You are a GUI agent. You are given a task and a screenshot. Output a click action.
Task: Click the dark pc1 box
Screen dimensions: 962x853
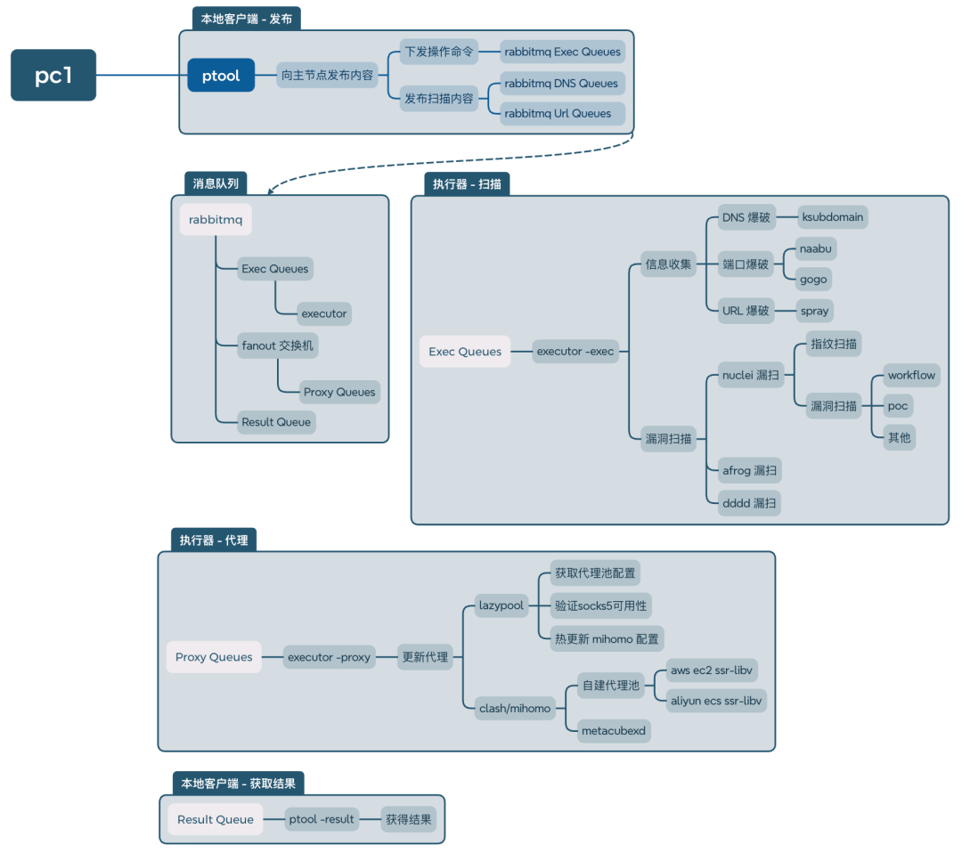click(53, 75)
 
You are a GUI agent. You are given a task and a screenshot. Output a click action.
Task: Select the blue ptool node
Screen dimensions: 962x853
click(221, 76)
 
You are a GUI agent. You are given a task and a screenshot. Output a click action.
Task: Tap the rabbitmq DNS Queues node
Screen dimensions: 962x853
click(562, 84)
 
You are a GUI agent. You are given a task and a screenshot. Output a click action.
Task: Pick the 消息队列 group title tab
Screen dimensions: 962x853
click(216, 183)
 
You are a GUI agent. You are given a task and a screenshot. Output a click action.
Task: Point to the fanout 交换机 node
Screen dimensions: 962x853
click(277, 345)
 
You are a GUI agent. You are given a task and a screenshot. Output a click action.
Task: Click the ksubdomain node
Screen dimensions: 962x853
click(833, 217)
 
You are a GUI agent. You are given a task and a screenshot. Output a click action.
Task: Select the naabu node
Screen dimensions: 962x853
click(815, 249)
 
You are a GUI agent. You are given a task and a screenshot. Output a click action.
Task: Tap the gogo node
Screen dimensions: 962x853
click(813, 280)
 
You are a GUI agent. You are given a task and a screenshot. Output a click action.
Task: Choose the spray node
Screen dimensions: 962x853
click(814, 311)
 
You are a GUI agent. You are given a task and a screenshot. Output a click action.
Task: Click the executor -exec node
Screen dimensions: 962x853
click(575, 352)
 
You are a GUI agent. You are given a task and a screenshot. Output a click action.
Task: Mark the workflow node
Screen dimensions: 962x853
click(912, 375)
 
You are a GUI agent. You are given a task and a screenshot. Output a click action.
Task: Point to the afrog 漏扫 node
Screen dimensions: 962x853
click(750, 470)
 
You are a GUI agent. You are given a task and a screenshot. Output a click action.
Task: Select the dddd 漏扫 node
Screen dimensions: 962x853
click(749, 503)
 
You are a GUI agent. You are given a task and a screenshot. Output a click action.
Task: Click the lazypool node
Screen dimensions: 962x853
click(501, 605)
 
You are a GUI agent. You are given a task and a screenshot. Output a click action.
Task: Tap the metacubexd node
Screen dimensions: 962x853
click(614, 731)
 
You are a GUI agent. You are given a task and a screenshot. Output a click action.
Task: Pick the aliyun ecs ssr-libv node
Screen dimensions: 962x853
click(716, 701)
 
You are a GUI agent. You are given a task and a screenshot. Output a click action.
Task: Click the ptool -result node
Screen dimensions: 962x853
click(322, 819)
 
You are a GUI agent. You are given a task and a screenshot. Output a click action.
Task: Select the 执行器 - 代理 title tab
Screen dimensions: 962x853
click(214, 540)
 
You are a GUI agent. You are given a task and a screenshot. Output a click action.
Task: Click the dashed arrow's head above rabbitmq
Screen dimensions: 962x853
click(271, 191)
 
